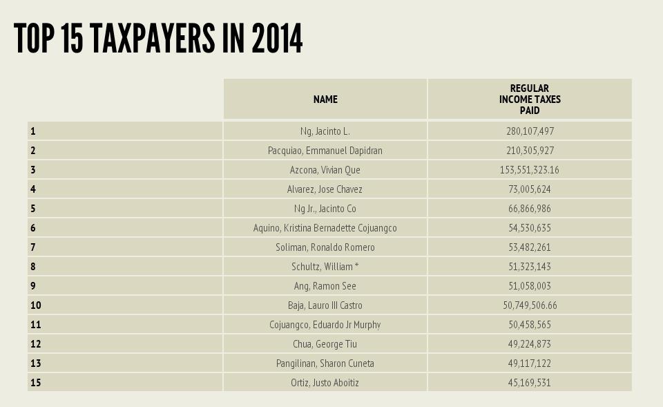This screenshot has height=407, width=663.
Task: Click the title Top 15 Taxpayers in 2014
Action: pyautogui.click(x=158, y=39)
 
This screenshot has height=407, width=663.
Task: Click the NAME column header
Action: pyautogui.click(x=325, y=100)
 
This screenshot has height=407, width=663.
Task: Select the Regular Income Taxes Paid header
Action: pyautogui.click(x=530, y=100)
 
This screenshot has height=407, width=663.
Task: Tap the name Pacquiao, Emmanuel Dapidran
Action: pyautogui.click(x=325, y=151)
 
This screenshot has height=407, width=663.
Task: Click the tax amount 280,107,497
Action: pyautogui.click(x=530, y=131)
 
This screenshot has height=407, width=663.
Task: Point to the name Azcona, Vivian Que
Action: pyautogui.click(x=325, y=170)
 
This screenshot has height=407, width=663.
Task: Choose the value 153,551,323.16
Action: pyautogui.click(x=530, y=170)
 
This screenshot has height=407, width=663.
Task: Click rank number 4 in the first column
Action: pyautogui.click(x=33, y=189)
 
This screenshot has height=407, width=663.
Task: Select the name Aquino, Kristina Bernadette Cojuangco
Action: pyautogui.click(x=325, y=228)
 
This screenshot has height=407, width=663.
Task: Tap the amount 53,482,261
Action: pyautogui.click(x=530, y=247)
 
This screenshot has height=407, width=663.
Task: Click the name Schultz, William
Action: pyautogui.click(x=325, y=267)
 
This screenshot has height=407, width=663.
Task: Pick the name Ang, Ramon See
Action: pyautogui.click(x=325, y=286)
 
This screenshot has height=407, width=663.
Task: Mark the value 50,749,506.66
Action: pyautogui.click(x=530, y=305)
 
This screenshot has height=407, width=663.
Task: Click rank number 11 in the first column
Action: pyautogui.click(x=36, y=325)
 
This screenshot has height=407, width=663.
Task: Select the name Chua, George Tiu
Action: pyautogui.click(x=325, y=344)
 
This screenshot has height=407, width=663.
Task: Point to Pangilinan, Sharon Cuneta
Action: pyautogui.click(x=325, y=363)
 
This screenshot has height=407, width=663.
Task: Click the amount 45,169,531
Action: pyautogui.click(x=530, y=383)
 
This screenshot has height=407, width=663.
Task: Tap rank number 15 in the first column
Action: pyautogui.click(x=36, y=383)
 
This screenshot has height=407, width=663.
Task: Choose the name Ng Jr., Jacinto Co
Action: pyautogui.click(x=325, y=209)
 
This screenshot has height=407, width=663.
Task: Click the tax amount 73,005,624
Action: pyautogui.click(x=530, y=189)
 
